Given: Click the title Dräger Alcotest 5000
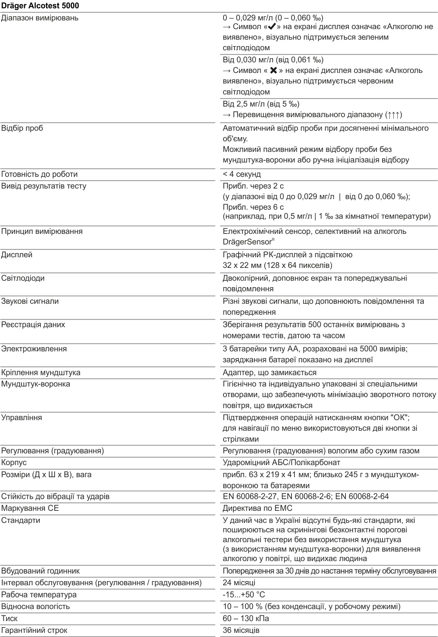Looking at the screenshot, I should (40, 6).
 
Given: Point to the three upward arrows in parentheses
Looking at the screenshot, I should (394, 114).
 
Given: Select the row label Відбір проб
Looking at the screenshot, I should (22, 128).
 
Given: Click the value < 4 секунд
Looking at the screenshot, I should (242, 174).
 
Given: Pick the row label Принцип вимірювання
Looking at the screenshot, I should (42, 231).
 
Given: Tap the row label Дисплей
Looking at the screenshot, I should (17, 255).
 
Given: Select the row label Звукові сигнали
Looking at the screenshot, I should (30, 301).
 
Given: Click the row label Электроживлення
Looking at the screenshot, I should (34, 349).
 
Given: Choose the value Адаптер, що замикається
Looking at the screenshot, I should (270, 373).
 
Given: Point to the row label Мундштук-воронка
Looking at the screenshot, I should (35, 384).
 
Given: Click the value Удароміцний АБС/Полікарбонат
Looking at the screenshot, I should (281, 462).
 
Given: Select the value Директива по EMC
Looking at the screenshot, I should (258, 508).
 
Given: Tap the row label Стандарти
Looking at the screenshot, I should (20, 520).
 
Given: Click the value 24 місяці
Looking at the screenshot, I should (239, 583).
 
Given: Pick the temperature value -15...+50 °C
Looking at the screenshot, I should (244, 595).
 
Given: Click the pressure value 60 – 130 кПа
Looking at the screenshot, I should (246, 618).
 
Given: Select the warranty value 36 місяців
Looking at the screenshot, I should (241, 630).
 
